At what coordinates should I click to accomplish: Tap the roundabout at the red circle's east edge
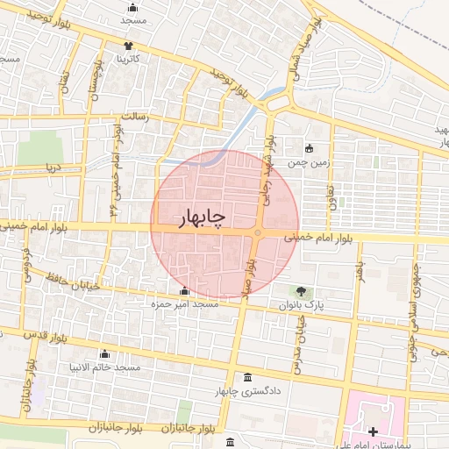258,232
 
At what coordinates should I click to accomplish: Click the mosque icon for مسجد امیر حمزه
183,291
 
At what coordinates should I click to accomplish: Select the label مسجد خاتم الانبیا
106,367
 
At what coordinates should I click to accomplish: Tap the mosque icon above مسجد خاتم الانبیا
106,353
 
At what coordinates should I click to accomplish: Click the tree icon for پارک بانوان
303,291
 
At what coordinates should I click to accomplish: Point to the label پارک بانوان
303,304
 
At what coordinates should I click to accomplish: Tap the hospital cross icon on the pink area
374,431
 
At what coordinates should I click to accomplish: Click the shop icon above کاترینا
130,46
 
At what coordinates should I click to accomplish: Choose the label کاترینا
130,58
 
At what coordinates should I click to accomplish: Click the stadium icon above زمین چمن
309,147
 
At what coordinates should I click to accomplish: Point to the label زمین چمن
309,160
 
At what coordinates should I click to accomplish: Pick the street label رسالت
135,117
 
